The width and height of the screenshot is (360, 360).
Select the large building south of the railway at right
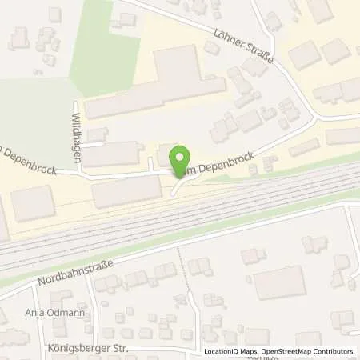(x=280, y=282)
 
